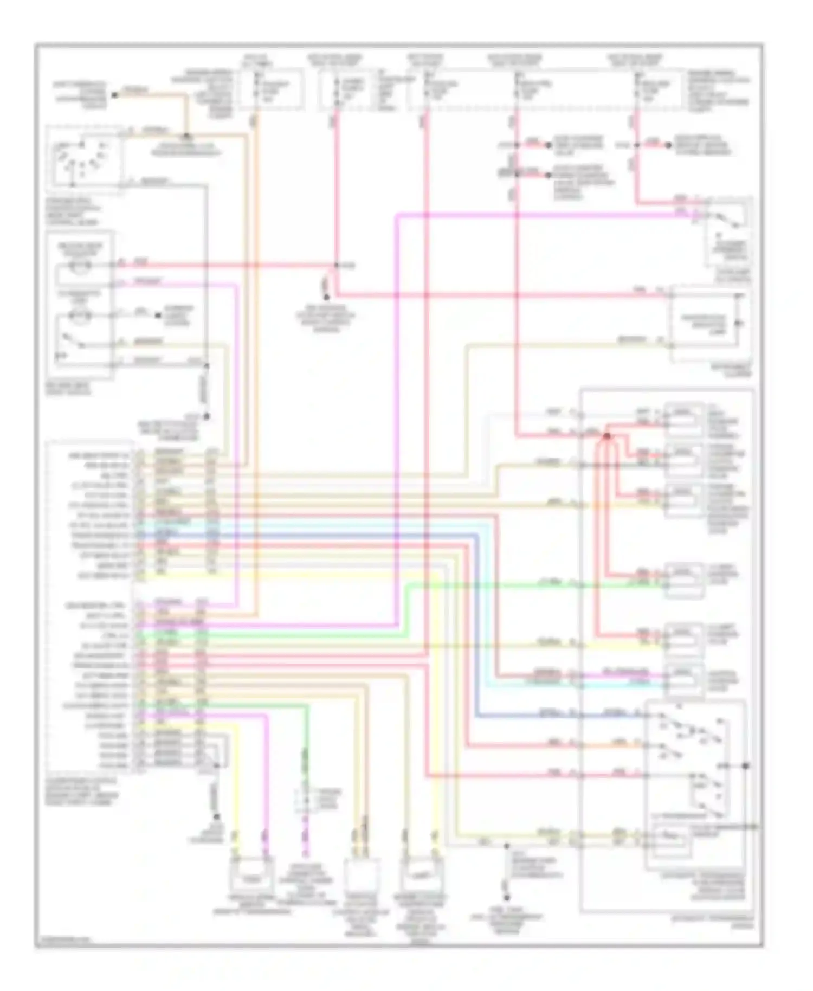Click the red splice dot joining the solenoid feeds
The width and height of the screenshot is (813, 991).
pos(607,435)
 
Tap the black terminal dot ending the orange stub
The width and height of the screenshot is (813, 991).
pos(114,95)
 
